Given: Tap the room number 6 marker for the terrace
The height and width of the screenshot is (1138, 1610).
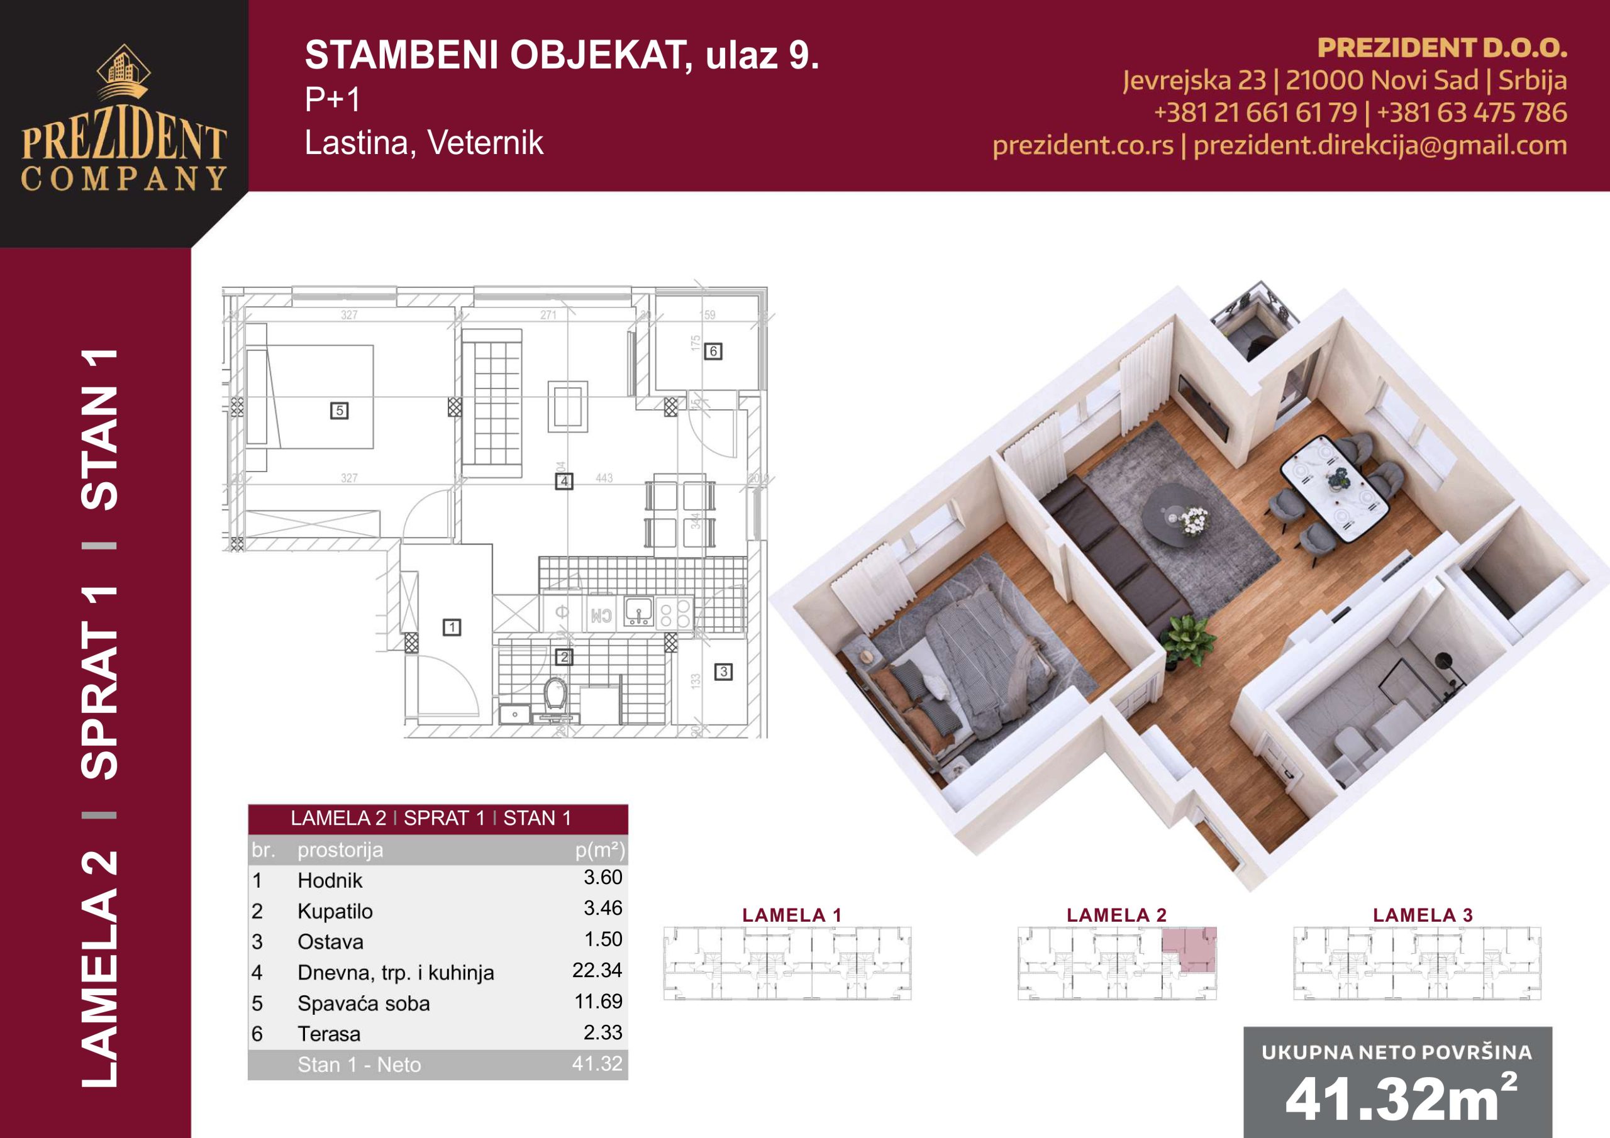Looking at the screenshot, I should coord(713,351).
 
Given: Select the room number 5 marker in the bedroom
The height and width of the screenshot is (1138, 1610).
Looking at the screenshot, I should coord(340,411).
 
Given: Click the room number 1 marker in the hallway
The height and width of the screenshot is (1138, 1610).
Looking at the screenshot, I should coord(452,627).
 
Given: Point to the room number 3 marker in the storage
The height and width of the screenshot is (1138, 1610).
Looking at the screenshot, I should coord(723,671).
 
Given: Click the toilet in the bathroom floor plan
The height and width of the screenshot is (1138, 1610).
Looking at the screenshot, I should coord(555,694).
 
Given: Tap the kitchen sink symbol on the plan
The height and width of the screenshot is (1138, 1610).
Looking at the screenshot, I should coord(639,610).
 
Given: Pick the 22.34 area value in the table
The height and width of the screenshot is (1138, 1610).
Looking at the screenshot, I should coord(597,970).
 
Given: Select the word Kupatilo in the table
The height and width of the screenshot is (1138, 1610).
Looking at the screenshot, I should coord(335,911).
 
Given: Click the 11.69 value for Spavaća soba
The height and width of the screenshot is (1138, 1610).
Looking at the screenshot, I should coord(598,1002).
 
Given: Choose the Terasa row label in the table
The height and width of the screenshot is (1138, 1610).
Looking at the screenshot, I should coord(329,1034).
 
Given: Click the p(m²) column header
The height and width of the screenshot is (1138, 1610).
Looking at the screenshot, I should coord(599,850).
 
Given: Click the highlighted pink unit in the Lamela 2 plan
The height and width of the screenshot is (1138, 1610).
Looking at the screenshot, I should coord(1189,948).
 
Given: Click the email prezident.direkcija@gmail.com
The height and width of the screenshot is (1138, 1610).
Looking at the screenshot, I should coord(1379,145).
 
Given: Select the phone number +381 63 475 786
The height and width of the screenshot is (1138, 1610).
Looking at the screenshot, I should coord(1471,112).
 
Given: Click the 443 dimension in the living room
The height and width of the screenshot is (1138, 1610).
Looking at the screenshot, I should coord(604,478).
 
